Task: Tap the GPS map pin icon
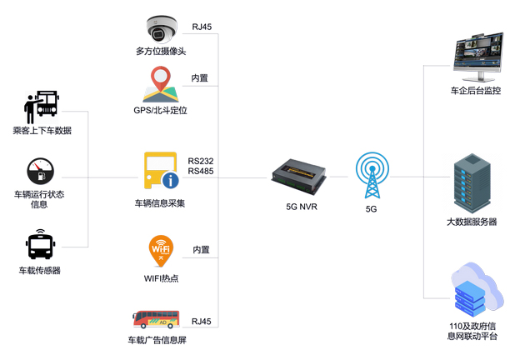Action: click(x=161, y=84)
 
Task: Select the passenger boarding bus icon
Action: click(x=41, y=107)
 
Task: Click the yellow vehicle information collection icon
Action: click(x=161, y=171)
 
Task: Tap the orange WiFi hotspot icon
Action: click(x=161, y=251)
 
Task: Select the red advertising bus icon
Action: click(x=156, y=317)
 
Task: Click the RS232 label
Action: click(x=202, y=161)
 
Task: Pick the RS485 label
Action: click(x=202, y=172)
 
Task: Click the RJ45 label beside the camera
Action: click(x=201, y=27)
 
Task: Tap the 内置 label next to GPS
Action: click(x=200, y=78)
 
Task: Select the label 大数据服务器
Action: click(x=472, y=222)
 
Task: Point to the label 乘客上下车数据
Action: click(x=42, y=130)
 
